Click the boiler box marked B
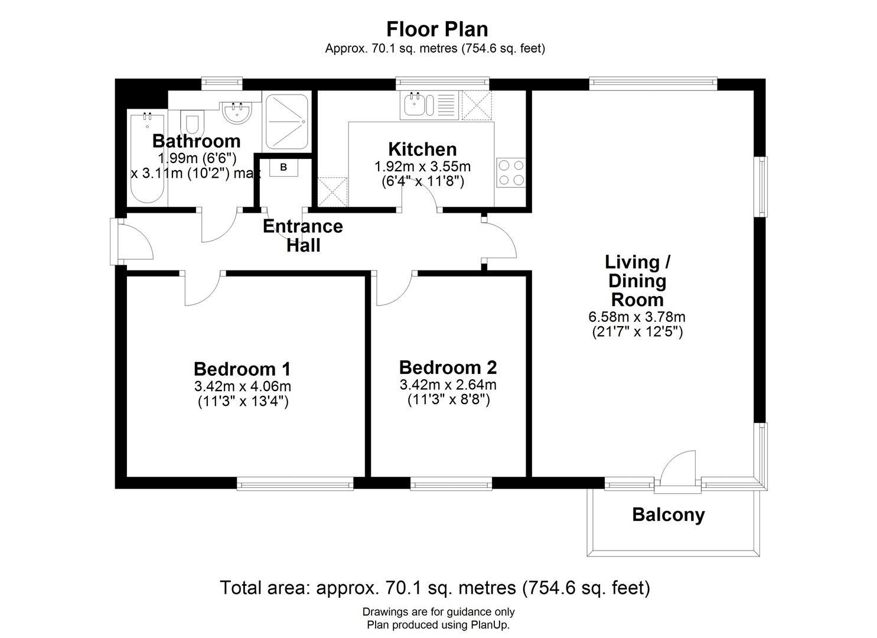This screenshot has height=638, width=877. point(283,167)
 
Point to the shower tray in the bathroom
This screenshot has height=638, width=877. point(286,121)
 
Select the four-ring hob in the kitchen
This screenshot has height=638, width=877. point(511,172)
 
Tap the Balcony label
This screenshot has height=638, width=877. point(668,515)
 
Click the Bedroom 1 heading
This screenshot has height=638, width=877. point(242,369)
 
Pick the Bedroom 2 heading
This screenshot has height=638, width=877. point(448,367)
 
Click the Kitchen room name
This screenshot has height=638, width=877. point(422,149)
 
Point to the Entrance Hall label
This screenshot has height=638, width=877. point(302,235)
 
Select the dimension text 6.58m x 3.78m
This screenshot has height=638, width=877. point(637,317)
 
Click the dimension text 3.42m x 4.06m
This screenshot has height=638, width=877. point(242,386)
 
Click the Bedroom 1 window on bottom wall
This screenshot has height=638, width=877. point(295,484)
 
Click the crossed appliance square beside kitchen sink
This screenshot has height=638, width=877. point(477,105)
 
